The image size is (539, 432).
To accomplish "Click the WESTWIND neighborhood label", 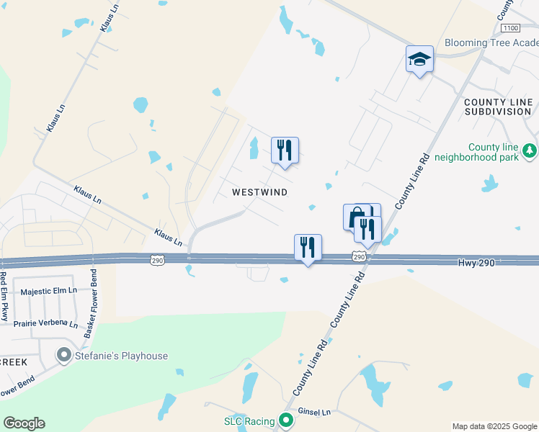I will coord(260,192).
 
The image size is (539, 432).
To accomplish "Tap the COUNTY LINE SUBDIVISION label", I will coord(498,107).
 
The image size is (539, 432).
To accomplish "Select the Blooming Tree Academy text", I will coord(491,43).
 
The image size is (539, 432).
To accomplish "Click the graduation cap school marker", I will coord(419,59).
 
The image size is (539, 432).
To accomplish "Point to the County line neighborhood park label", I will coord(493,151).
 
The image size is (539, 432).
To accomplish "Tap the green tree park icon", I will coord(530,150).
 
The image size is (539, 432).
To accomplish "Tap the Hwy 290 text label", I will coord(476,264).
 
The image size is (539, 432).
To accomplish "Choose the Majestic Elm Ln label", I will coord(50,292).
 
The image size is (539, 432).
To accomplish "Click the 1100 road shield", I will coord(509,27).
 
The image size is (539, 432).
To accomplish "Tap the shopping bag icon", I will coord(357,217).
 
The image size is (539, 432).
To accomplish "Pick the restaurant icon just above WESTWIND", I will coord(285,150).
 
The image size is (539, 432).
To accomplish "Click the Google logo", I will coord(24,423).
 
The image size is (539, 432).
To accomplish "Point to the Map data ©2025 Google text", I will coord(493,426).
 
